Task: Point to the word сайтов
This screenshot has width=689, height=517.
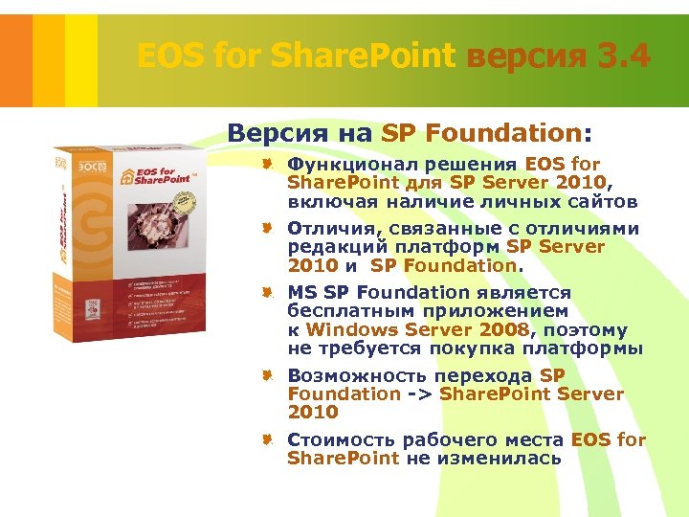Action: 603,201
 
